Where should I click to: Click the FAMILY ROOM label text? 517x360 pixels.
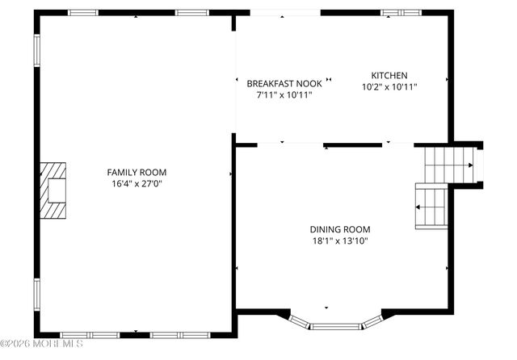(137, 172)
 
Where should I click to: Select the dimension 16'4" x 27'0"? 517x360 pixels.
(137, 184)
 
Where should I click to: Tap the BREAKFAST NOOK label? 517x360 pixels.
(284, 83)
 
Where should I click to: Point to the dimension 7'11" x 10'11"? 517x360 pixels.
(284, 94)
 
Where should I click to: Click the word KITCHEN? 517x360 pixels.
(389, 75)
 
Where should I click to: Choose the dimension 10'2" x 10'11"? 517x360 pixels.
(389, 86)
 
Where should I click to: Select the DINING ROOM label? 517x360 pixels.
(339, 228)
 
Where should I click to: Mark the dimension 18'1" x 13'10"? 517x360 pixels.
(339, 241)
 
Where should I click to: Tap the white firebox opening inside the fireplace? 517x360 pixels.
(58, 190)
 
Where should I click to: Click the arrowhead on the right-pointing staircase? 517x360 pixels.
(470, 165)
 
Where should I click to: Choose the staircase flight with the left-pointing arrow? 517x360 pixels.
(431, 207)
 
